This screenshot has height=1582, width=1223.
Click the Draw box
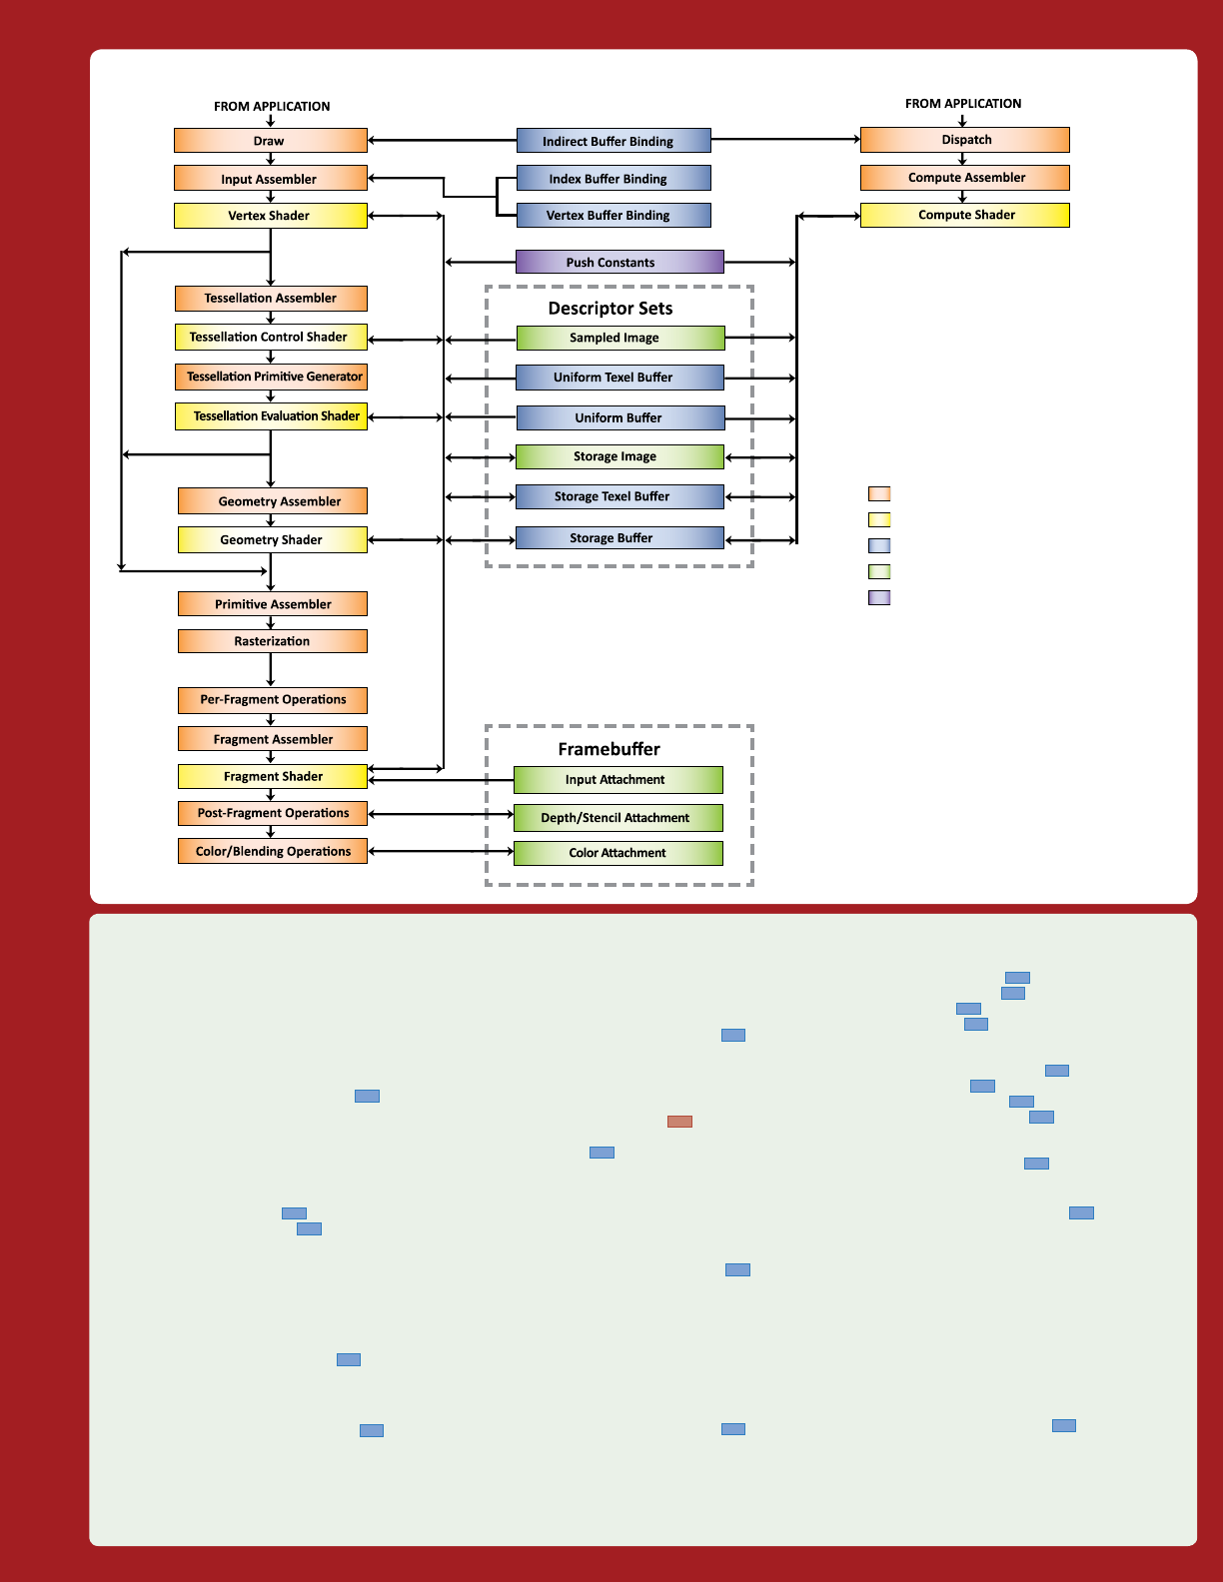click(x=270, y=141)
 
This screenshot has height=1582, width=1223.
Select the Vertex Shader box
click(x=270, y=216)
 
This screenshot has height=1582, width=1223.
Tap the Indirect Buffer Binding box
click(x=613, y=141)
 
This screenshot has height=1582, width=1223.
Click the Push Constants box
click(x=619, y=263)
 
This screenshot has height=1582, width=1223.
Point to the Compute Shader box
click(x=964, y=215)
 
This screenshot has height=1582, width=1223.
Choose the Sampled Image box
click(x=619, y=338)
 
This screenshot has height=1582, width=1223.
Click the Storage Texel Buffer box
click(x=619, y=496)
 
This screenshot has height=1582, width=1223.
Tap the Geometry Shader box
click(x=272, y=539)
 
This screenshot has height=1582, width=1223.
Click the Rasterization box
click(x=272, y=641)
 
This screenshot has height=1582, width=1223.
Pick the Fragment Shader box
click(x=272, y=776)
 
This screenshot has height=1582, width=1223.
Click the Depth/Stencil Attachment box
click(x=617, y=818)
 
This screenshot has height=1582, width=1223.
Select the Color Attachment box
click(x=617, y=853)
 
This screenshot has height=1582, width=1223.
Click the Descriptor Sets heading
click(x=611, y=309)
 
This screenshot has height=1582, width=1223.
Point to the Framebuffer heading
click(x=610, y=749)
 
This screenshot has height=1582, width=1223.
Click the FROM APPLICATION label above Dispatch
click(x=963, y=103)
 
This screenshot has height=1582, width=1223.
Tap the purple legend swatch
click(x=879, y=598)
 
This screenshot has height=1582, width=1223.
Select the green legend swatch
click(x=879, y=572)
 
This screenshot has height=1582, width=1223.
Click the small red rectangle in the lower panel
click(x=679, y=1122)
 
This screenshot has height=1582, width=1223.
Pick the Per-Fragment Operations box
click(x=272, y=700)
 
